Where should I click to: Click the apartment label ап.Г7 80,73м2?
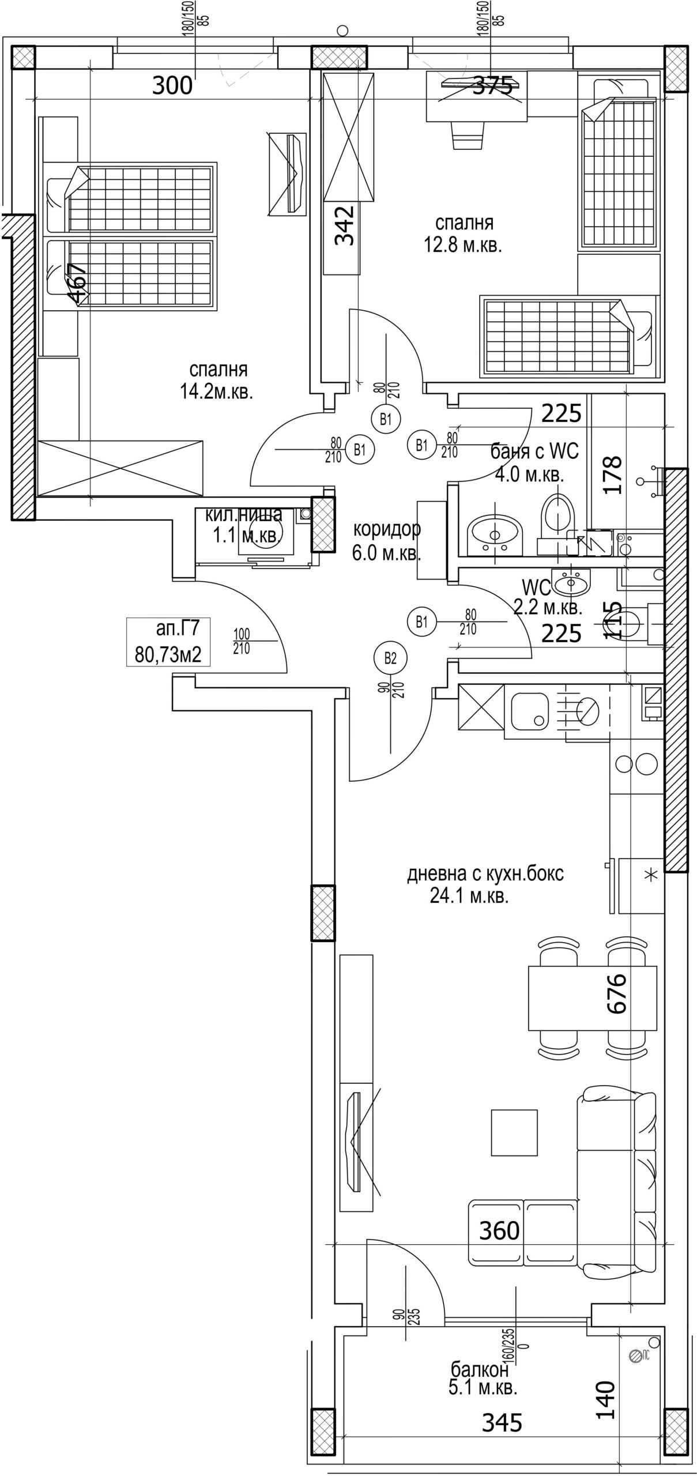point(168,641)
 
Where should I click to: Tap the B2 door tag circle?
point(391,658)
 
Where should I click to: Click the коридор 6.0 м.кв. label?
point(387,541)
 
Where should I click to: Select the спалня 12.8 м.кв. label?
point(464,234)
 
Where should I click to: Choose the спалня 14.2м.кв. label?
point(217,381)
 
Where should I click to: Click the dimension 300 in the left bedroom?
point(172,86)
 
